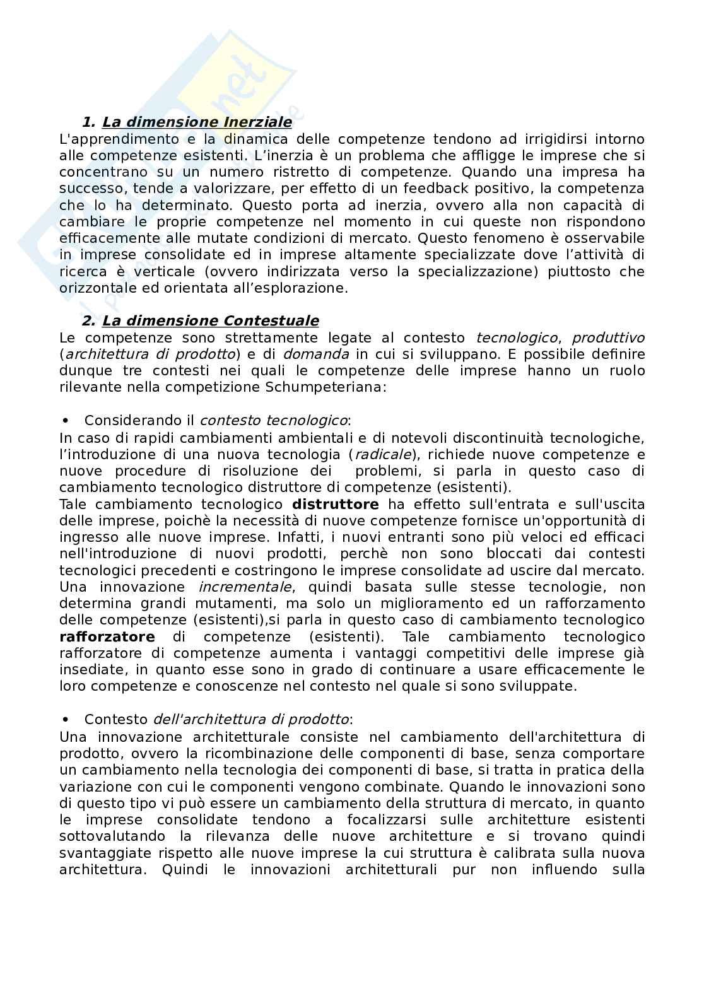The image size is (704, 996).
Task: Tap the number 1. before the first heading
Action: coord(89,122)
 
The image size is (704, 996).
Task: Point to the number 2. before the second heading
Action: coord(89,320)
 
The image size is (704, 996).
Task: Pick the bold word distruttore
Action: coord(336,504)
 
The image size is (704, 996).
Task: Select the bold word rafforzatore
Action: coord(107,636)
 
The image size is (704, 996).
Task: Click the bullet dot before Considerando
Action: coord(64,420)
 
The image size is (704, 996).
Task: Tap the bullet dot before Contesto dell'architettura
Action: coord(64,720)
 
